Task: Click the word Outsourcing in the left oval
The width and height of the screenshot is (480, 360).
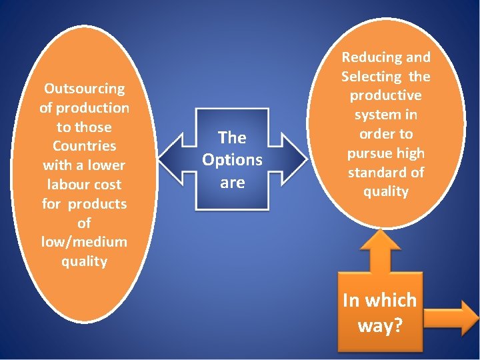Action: (x=84, y=89)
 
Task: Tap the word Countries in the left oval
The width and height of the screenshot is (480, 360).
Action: (x=84, y=146)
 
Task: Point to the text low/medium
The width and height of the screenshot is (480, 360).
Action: (x=84, y=242)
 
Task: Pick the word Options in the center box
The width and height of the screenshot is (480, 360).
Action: (x=232, y=160)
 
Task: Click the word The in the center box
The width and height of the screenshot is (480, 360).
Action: (x=232, y=138)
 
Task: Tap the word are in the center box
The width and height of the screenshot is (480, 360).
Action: (x=232, y=182)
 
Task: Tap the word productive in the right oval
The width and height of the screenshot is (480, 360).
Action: (x=386, y=96)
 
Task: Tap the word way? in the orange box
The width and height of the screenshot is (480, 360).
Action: (x=379, y=325)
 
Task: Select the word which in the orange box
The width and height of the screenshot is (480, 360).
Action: (x=389, y=301)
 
